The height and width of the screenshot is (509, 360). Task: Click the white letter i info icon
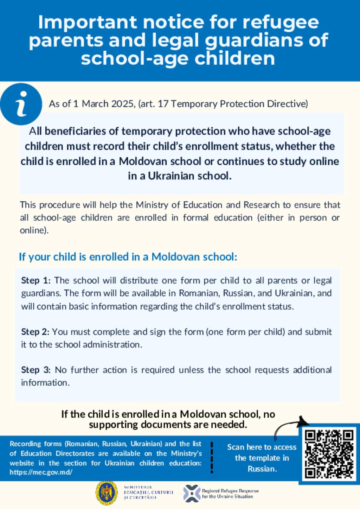(x=21, y=104)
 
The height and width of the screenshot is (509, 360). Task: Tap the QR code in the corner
(x=329, y=454)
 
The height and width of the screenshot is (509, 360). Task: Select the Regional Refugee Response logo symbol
(x=192, y=493)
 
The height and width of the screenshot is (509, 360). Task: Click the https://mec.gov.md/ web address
(x=41, y=472)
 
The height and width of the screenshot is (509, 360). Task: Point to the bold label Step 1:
(x=36, y=280)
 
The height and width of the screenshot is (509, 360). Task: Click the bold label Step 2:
(x=35, y=332)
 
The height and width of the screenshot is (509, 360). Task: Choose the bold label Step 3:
(x=36, y=370)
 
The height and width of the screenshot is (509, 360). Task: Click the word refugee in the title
(x=281, y=23)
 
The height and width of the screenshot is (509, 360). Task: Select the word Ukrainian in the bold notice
(x=167, y=176)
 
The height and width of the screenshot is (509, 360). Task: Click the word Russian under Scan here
(x=262, y=469)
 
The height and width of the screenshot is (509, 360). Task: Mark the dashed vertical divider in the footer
(x=212, y=457)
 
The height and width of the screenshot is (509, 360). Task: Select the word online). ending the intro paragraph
(x=34, y=230)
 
